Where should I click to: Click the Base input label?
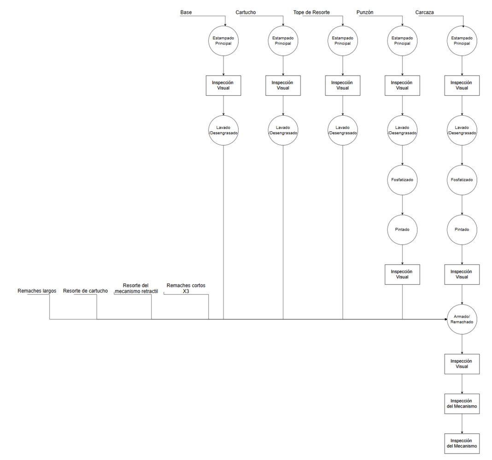[186, 12]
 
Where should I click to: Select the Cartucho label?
[246, 12]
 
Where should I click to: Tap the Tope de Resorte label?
[311, 12]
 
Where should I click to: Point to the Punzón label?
[365, 12]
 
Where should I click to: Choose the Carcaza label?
[425, 12]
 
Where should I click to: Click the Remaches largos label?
[37, 291]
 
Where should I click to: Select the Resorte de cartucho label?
[85, 291]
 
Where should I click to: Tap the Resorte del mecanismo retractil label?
[136, 288]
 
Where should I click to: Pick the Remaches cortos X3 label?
[186, 288]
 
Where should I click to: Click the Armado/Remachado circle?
[462, 319]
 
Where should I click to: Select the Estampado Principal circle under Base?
[223, 41]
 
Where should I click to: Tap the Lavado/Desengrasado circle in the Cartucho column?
[283, 130]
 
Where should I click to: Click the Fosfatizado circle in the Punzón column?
[402, 180]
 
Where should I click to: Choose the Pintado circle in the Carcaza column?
[462, 230]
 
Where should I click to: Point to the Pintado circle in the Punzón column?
[402, 230]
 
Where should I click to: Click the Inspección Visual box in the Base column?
[223, 85]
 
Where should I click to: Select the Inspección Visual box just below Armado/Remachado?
[462, 364]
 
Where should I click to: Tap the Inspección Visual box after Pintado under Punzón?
[402, 274]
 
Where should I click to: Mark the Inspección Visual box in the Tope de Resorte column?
[343, 85]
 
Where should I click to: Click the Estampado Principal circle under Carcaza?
[462, 41]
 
